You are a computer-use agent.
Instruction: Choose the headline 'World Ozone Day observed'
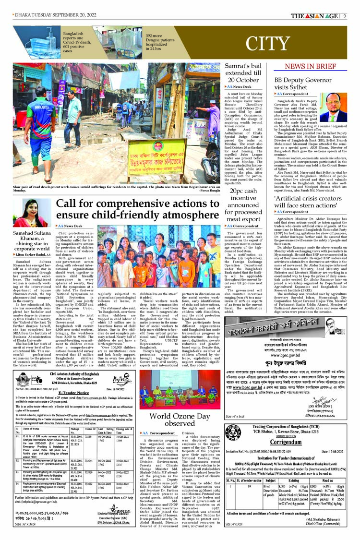tap(180, 419)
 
